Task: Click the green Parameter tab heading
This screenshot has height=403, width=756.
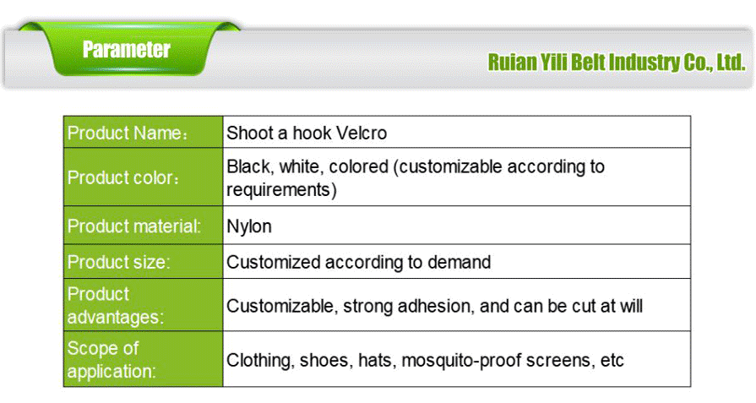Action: [127, 50]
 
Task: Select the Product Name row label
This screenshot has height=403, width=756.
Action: [127, 133]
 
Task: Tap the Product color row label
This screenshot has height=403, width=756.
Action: [123, 178]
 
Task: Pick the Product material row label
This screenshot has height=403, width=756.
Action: [133, 226]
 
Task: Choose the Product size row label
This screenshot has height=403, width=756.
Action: [118, 262]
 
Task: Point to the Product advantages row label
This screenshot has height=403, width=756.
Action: [116, 306]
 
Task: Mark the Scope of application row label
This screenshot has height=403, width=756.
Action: [111, 360]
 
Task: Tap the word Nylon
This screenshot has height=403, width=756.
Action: [249, 226]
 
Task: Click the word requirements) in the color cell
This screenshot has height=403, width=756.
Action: [281, 190]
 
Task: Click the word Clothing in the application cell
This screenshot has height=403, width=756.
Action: [259, 361]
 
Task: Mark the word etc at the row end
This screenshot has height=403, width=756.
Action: [612, 361]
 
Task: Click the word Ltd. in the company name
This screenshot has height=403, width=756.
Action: [730, 63]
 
